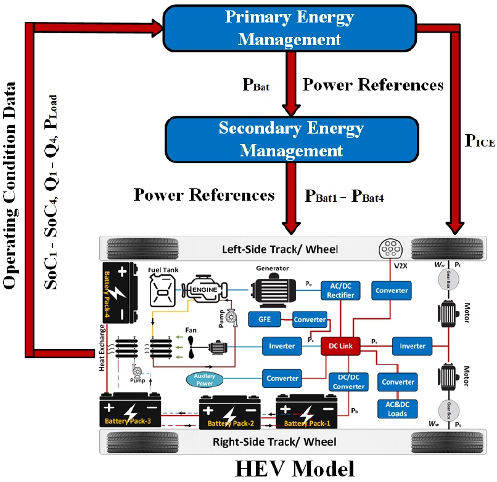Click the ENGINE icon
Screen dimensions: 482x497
tap(204, 290)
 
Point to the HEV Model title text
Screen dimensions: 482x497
tap(294, 468)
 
